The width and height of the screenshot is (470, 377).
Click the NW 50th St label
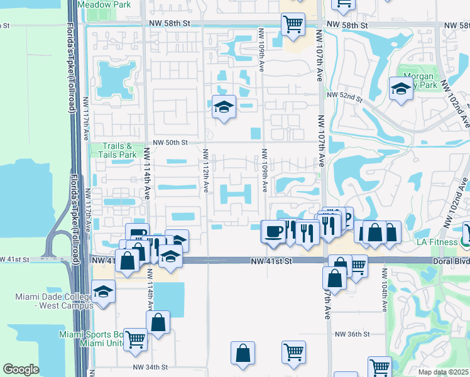pos(167,143)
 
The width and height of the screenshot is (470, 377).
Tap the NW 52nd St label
pos(345,97)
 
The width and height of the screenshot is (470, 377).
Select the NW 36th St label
pos(352,334)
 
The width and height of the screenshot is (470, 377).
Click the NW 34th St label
pos(150,367)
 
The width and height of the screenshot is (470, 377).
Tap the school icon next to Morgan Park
pos(400,88)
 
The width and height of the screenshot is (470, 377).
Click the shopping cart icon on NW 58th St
pos(293,24)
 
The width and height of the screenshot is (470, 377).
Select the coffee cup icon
pos(273,231)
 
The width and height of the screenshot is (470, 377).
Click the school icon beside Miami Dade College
pos(104,292)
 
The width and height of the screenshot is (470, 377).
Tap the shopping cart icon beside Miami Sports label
pos(135,339)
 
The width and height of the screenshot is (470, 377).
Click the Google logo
pos(21,369)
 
